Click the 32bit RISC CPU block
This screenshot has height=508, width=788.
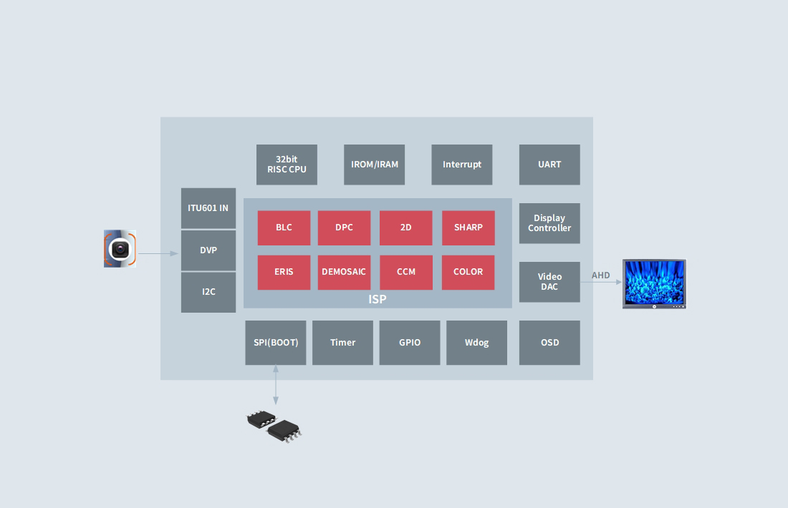[287, 165]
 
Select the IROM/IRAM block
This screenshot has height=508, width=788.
[375, 165]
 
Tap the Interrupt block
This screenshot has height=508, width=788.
[462, 165]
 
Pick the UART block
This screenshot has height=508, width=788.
[549, 165]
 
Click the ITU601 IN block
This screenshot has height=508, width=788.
[208, 208]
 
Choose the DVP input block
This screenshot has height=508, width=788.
[208, 250]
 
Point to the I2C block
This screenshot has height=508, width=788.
[208, 292]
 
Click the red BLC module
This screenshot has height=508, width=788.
[284, 228]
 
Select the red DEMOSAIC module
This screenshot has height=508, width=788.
[345, 272]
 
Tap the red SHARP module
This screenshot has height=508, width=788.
[469, 228]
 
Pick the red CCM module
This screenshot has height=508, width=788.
[406, 272]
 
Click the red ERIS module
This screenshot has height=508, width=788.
[284, 272]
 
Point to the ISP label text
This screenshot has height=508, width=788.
[378, 299]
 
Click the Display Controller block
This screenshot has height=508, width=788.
[549, 223]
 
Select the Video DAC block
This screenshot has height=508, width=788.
[549, 282]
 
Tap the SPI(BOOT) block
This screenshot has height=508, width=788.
[275, 343]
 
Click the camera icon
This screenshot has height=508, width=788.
[120, 248]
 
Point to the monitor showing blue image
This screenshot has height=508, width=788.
[654, 283]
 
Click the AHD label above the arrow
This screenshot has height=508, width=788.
[600, 275]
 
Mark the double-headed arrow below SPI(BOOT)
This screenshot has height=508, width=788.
[275, 385]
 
